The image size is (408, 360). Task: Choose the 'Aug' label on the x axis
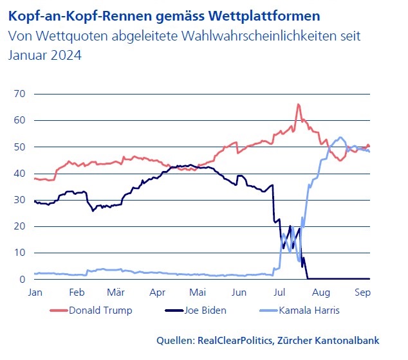click(320, 292)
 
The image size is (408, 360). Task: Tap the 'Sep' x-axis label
click(362, 292)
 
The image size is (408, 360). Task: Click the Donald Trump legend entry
click(100, 310)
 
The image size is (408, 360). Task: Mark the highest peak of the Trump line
click(298, 104)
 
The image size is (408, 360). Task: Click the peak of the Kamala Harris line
click(340, 137)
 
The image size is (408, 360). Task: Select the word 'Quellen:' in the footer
click(176, 340)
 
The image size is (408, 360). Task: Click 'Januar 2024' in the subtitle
click(45, 55)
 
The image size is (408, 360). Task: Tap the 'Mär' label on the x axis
click(116, 292)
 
